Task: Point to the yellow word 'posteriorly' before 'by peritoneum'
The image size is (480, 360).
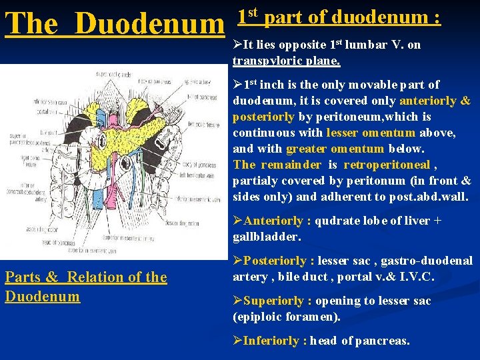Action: click(263, 116)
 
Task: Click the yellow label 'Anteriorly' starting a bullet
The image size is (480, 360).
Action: click(273, 220)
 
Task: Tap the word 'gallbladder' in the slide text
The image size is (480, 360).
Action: click(265, 236)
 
